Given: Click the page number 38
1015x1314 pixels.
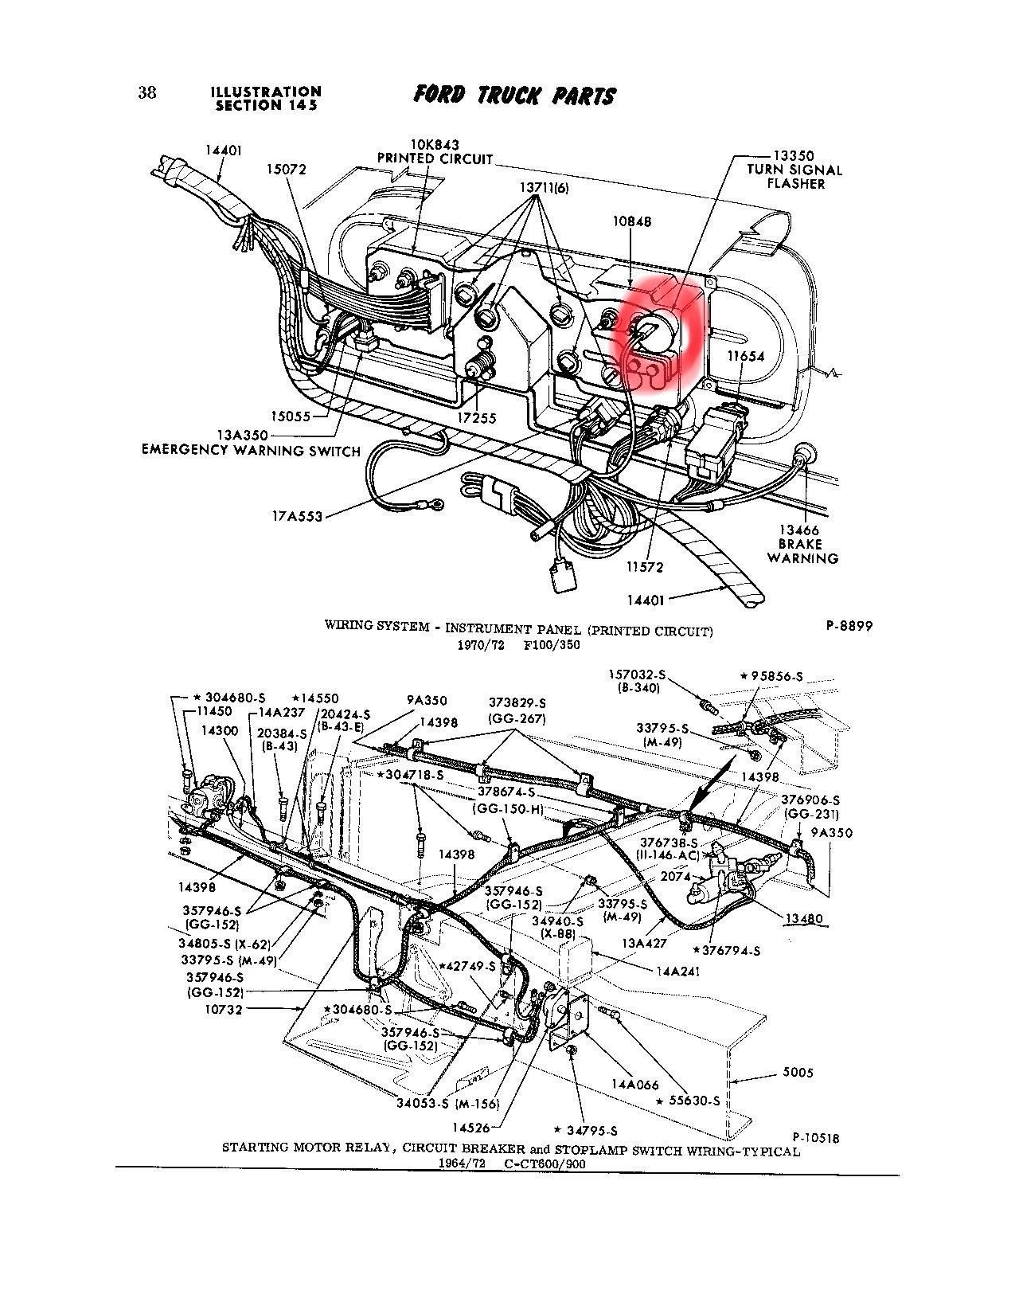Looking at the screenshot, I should (x=147, y=92).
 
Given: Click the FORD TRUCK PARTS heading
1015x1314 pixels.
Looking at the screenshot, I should (x=514, y=96).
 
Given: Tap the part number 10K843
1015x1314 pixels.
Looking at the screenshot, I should (x=435, y=146).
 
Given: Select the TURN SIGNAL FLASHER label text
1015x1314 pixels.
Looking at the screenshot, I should (x=794, y=176).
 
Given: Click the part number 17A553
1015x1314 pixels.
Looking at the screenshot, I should (x=296, y=517).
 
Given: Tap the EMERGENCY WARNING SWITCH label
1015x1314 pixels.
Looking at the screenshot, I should (x=251, y=450).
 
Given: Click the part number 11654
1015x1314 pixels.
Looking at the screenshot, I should (x=746, y=356).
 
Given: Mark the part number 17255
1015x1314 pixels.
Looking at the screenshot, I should (x=478, y=417).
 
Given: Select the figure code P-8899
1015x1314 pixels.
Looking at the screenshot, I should (x=849, y=626).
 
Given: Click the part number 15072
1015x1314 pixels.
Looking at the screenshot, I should (x=287, y=170).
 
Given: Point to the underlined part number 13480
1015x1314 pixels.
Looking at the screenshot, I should (x=803, y=918).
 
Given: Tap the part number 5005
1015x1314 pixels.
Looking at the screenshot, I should (x=797, y=1073).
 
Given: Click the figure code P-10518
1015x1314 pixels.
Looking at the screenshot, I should (x=816, y=1138).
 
